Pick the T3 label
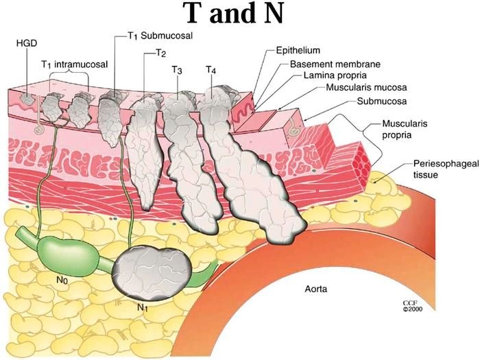click(x=177, y=69)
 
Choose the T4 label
click(x=211, y=69)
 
